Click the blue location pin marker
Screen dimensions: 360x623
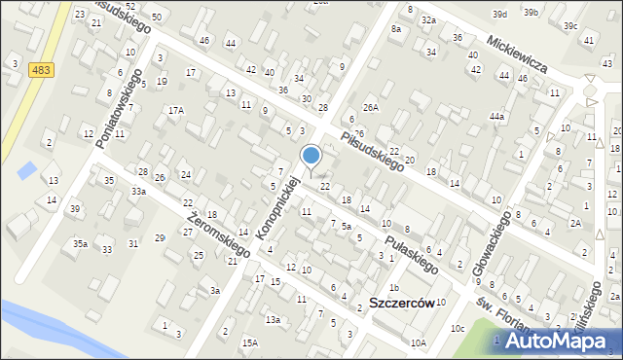coord(311,157)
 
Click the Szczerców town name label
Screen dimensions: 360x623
coord(402,304)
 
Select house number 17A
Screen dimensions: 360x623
coord(175,111)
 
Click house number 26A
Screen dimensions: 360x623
coord(370,107)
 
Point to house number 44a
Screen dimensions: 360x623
coord(497,117)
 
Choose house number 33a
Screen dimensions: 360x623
coord(139,192)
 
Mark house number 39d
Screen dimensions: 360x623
coord(500,15)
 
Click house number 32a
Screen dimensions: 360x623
coord(427,19)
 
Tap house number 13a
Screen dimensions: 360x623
coord(274,319)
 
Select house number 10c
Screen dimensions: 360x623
coord(457,328)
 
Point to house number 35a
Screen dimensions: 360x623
coord(79,244)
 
